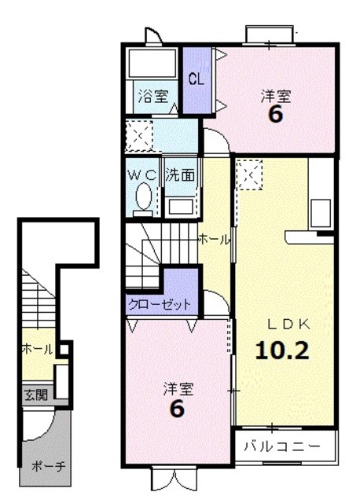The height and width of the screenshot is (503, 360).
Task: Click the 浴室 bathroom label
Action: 153,97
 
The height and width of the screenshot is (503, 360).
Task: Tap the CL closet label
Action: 197,79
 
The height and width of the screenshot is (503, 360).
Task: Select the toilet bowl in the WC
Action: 143,196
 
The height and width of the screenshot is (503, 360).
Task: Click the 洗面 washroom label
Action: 180,175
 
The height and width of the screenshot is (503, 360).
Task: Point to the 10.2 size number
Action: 282,351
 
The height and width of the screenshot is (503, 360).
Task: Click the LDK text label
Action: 288,325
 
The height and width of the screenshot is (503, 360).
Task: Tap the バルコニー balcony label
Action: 282,446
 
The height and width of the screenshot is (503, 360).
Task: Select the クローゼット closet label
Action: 160,304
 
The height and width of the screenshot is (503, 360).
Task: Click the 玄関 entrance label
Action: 36,395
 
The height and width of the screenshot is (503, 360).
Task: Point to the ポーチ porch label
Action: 49,466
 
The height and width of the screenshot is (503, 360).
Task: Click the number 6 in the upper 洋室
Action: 276,115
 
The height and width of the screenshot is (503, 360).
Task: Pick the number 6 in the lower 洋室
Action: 177,409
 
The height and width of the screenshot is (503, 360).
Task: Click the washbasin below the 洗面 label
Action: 180,207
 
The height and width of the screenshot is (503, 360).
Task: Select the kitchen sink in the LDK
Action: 321,213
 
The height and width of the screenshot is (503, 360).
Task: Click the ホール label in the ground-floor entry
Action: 37,349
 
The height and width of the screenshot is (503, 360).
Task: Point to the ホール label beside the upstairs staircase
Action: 215,239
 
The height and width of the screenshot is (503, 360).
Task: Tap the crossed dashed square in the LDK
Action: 249,175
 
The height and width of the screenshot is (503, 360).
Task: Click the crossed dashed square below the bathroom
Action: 139,136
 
